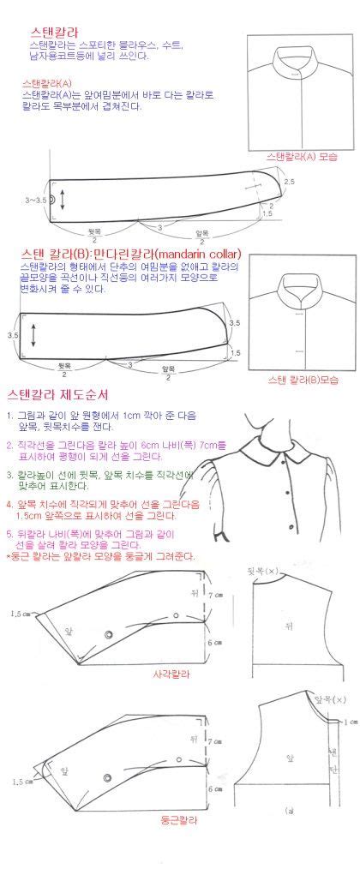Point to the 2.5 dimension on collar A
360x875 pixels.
coord(289,182)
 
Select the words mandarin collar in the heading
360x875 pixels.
coord(195,255)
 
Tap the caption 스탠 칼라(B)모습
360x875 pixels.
coord(302,378)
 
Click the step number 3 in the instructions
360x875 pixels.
coord(9,474)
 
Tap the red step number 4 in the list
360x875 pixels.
coord(9,503)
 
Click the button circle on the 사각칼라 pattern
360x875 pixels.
coord(109,633)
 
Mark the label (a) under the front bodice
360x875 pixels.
coord(290,810)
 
